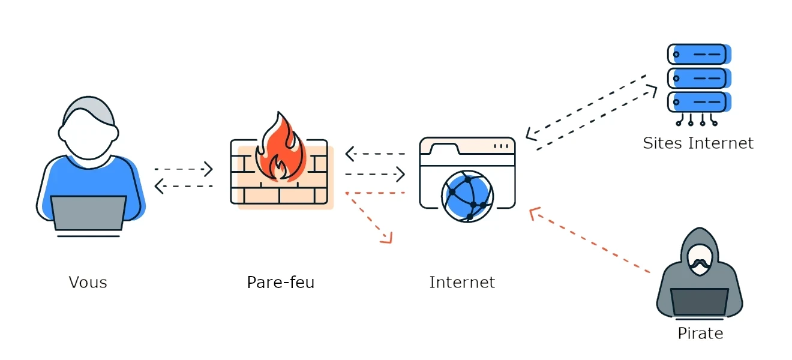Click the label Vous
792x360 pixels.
88,282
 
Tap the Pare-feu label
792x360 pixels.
280,282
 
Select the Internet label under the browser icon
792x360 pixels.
462,282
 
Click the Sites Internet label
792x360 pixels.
698,143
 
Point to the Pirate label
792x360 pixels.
700,333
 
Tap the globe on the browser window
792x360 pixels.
467,196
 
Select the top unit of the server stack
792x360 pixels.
699,54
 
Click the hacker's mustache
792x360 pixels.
700,263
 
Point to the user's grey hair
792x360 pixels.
88,108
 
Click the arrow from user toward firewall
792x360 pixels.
184,170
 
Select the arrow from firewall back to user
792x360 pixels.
184,187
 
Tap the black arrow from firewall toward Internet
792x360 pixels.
374,175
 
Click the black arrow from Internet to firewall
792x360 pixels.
374,154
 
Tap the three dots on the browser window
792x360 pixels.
500,146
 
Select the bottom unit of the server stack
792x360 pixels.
699,100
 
